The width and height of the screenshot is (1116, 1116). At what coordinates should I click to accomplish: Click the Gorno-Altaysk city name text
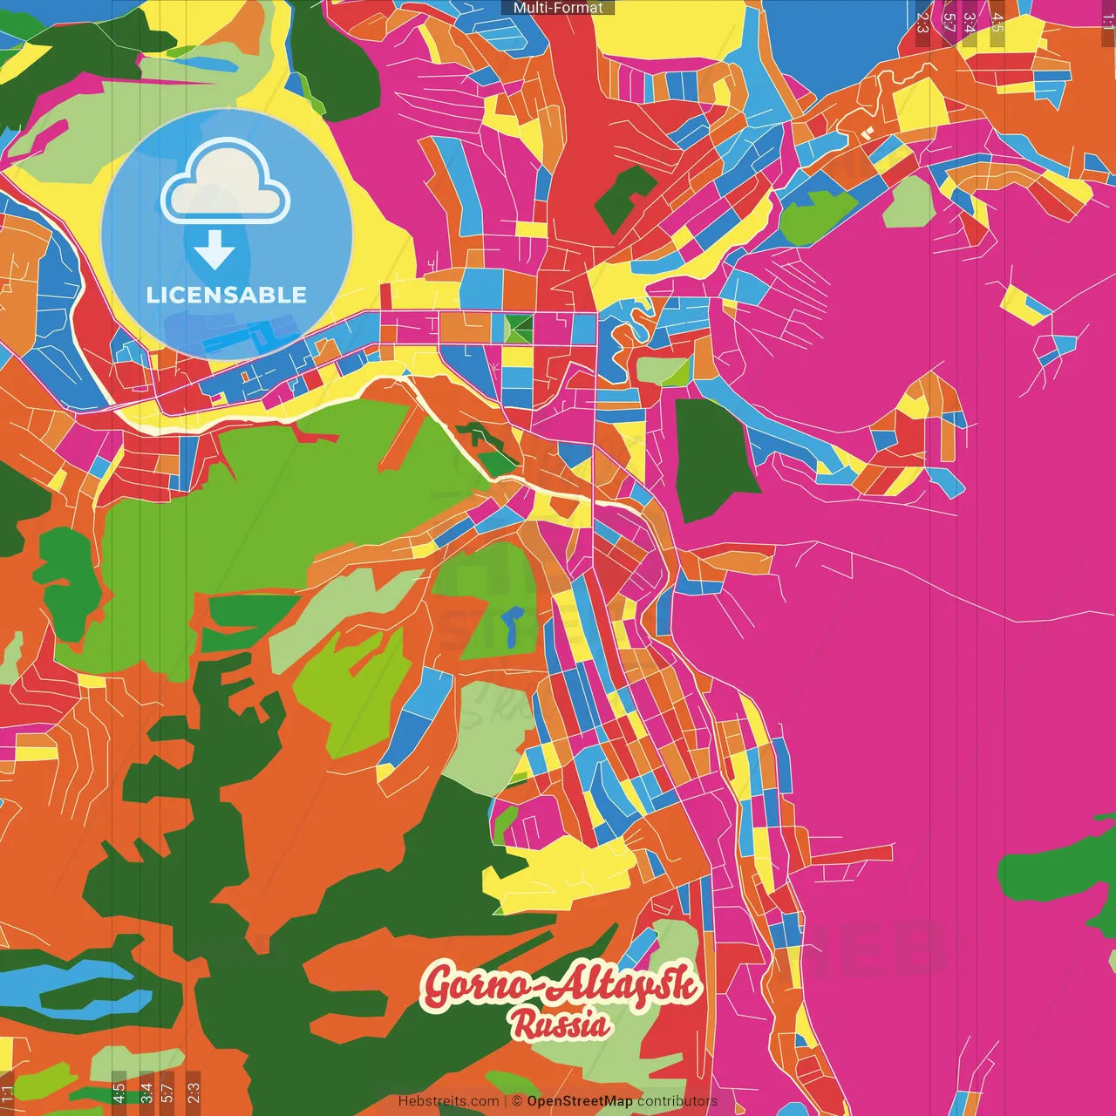pos(561,984)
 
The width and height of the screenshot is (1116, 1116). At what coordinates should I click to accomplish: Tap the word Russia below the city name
pos(561,1024)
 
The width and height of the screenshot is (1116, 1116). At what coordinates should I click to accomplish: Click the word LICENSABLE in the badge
pos(227,295)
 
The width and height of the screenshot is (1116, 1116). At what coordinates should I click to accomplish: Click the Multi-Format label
pos(558,8)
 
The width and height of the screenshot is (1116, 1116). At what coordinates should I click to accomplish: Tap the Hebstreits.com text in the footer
pos(448,1101)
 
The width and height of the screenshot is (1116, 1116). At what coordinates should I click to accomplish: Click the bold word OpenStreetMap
pos(579,1101)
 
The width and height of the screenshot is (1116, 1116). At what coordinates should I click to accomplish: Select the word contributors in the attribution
pos(677,1101)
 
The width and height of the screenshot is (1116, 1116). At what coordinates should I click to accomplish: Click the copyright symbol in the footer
pos(516,1101)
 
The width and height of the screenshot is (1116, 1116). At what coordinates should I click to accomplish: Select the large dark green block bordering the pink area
pos(713,458)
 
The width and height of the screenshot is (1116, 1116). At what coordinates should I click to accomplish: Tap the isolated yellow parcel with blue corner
pos(1024,304)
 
